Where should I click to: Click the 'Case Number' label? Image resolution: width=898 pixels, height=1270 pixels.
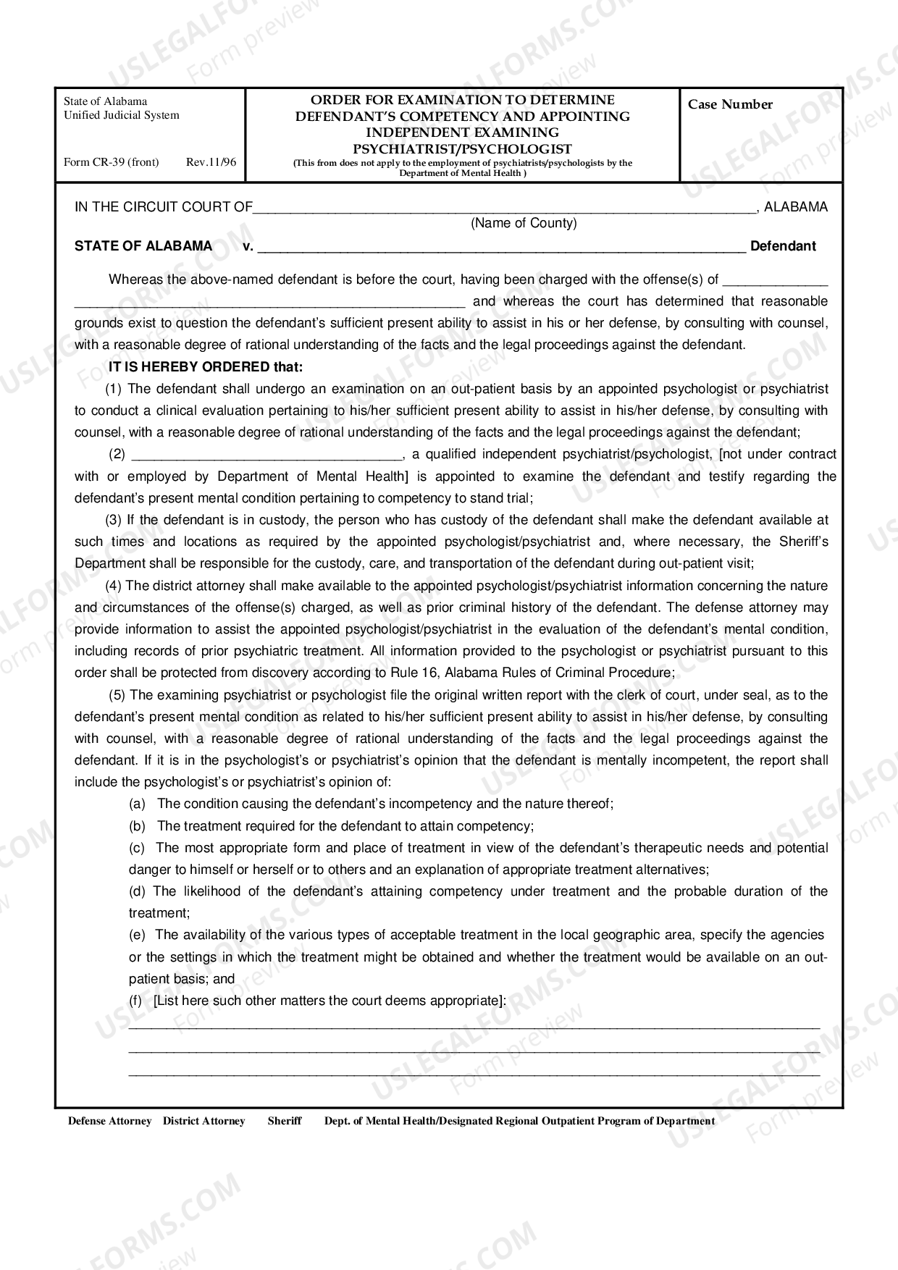pyautogui.click(x=730, y=104)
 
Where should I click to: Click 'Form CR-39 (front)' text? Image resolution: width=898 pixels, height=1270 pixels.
pyautogui.click(x=111, y=162)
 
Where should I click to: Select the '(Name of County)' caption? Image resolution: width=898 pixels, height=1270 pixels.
pyautogui.click(x=524, y=223)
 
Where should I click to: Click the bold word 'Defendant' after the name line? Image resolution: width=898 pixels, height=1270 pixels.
pyautogui.click(x=783, y=246)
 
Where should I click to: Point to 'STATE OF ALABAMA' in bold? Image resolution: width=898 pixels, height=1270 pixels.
pyautogui.click(x=143, y=246)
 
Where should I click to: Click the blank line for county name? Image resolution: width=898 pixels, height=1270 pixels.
pyautogui.click(x=503, y=210)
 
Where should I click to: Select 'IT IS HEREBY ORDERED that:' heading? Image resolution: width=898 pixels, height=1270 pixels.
pyautogui.click(x=206, y=366)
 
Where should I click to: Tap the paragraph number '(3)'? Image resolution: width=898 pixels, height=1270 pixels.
pyautogui.click(x=114, y=520)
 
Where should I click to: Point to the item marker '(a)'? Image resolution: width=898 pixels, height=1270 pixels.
pyautogui.click(x=138, y=804)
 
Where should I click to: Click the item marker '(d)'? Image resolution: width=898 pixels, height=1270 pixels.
pyautogui.click(x=138, y=891)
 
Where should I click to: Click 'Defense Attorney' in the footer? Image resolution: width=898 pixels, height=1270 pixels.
pyautogui.click(x=110, y=1121)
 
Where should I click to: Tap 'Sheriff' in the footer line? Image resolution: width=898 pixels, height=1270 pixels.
pyautogui.click(x=285, y=1121)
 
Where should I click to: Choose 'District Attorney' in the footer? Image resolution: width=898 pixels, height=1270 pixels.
pyautogui.click(x=203, y=1121)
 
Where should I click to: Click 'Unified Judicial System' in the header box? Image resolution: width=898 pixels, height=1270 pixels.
pyautogui.click(x=122, y=115)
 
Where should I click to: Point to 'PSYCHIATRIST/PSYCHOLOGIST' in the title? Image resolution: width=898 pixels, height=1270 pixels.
pyautogui.click(x=462, y=149)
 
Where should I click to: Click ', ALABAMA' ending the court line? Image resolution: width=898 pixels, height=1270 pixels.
pyautogui.click(x=792, y=207)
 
